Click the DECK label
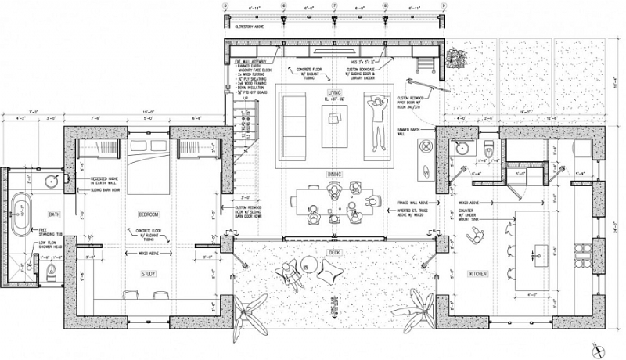pos(335,252)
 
